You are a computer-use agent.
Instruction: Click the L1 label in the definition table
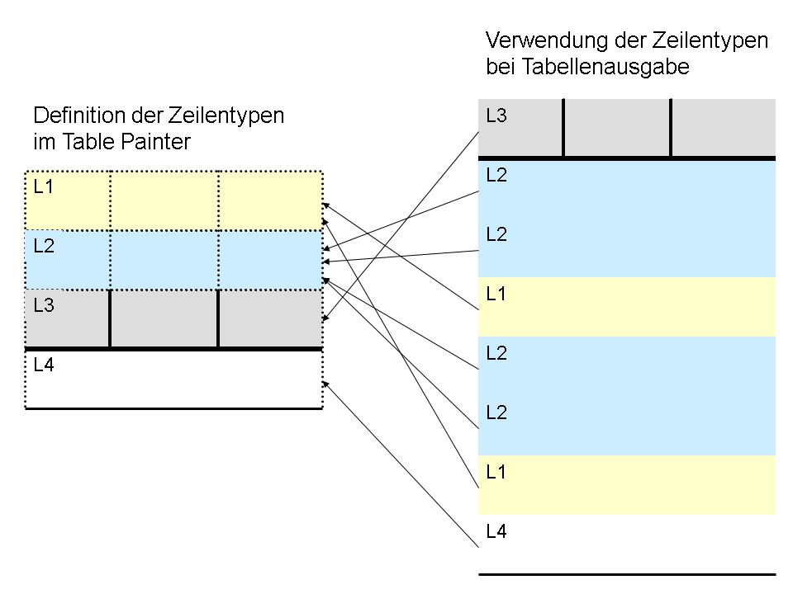44,187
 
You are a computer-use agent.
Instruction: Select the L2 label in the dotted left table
44,246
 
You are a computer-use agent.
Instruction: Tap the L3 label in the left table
44,305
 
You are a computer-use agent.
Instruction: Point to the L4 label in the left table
44,365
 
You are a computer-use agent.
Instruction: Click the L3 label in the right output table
496,115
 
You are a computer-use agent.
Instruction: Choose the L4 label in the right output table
496,531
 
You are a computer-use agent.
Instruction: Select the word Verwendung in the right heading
547,40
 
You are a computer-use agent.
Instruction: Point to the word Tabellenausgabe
605,67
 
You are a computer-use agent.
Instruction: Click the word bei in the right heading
501,67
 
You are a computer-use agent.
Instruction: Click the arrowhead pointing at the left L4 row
325,384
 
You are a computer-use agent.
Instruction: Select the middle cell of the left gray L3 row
164,318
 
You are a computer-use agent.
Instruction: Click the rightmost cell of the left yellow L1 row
271,201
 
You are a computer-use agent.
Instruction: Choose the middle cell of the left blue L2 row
164,260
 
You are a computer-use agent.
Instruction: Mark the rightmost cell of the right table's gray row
724,127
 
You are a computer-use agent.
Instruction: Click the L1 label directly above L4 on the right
496,472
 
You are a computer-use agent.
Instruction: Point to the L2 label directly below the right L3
496,175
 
